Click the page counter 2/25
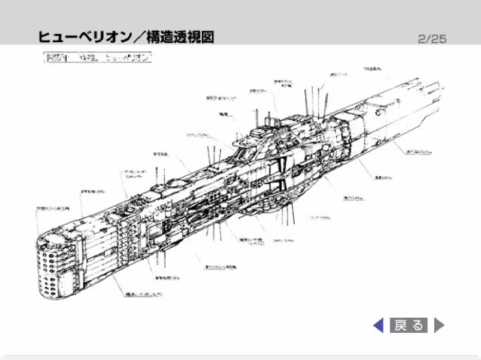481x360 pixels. [432, 38]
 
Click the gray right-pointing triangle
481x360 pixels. [439, 324]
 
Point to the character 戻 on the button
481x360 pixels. [401, 324]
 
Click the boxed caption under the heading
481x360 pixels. [97, 57]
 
